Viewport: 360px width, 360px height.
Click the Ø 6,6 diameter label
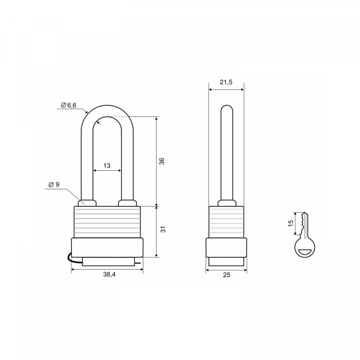click(x=68, y=105)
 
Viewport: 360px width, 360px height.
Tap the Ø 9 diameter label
click(x=54, y=184)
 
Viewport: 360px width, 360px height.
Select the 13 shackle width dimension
click(x=107, y=166)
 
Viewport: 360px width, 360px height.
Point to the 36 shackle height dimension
click(x=162, y=161)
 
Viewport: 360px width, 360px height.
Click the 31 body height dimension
click(x=163, y=229)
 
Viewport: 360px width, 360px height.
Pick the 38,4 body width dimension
click(x=109, y=274)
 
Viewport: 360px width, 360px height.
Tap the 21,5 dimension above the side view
click(x=226, y=82)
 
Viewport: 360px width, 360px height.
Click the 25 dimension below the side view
click(x=226, y=275)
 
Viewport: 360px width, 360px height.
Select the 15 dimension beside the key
click(x=291, y=223)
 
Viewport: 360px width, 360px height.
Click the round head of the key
click(x=305, y=248)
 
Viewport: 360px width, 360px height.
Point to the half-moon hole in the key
click(x=305, y=252)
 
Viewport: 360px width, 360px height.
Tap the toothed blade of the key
click(x=304, y=224)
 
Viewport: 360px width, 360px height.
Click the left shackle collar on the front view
click(x=87, y=203)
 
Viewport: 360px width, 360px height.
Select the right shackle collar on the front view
click(x=128, y=203)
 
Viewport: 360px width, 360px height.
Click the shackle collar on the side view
click(x=227, y=203)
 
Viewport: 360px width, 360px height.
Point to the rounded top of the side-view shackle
click(x=227, y=108)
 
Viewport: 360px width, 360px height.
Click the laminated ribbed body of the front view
click(x=107, y=222)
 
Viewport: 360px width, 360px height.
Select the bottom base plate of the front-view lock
click(x=107, y=262)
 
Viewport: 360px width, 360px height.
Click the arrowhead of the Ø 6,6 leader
click(x=86, y=112)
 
